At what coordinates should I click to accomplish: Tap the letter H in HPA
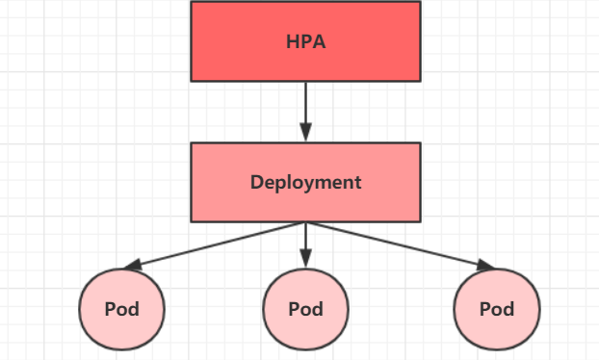coord(292,42)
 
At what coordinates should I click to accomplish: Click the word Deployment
coord(305,182)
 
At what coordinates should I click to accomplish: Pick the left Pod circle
coord(122,309)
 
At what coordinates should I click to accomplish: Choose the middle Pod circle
coord(305,309)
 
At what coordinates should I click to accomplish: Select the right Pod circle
coord(497,309)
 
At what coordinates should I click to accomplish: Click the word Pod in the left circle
coord(122,310)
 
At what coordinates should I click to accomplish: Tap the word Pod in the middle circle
coord(305,310)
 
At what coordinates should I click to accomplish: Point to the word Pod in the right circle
coord(497,310)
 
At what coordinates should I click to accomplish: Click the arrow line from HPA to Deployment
coord(305,104)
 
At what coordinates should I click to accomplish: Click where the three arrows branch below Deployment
coord(305,223)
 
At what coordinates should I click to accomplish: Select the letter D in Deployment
coord(256,182)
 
